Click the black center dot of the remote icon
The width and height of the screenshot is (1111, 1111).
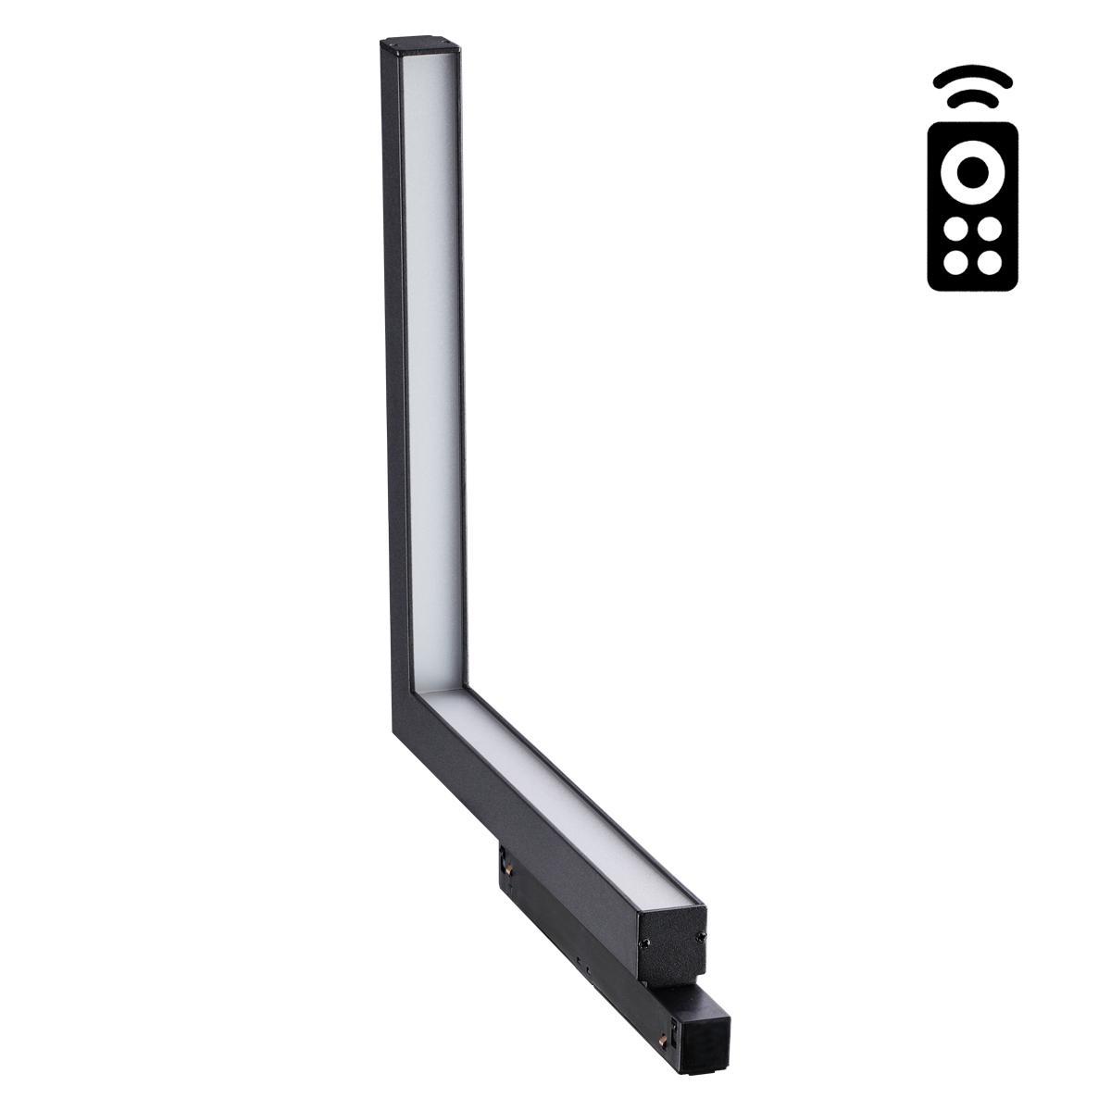(x=971, y=171)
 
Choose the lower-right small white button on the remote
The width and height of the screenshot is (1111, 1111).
(x=988, y=262)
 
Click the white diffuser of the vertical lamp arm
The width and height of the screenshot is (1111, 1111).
(x=431, y=370)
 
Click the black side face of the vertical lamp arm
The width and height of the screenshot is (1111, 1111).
(x=387, y=370)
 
